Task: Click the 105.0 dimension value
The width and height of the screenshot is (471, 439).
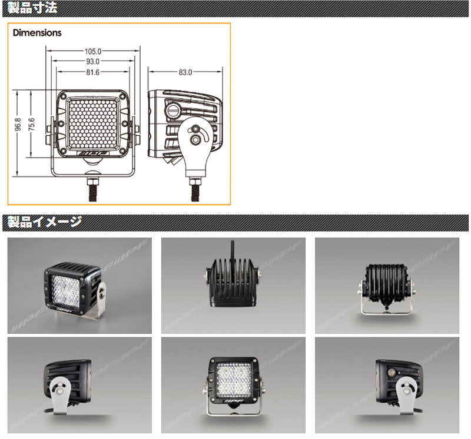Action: click(x=93, y=51)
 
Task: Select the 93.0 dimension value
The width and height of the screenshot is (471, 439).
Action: click(x=93, y=62)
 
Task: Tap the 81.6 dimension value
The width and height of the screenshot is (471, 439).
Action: click(x=93, y=72)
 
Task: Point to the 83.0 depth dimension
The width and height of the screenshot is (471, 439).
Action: click(x=185, y=72)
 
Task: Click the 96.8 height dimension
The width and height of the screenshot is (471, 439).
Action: click(x=18, y=125)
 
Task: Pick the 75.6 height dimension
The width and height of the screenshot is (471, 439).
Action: click(x=31, y=125)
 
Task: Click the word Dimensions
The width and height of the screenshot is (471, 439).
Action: click(x=37, y=33)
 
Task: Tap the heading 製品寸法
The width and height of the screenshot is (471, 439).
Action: click(x=32, y=8)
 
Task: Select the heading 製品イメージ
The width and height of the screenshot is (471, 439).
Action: click(x=45, y=222)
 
